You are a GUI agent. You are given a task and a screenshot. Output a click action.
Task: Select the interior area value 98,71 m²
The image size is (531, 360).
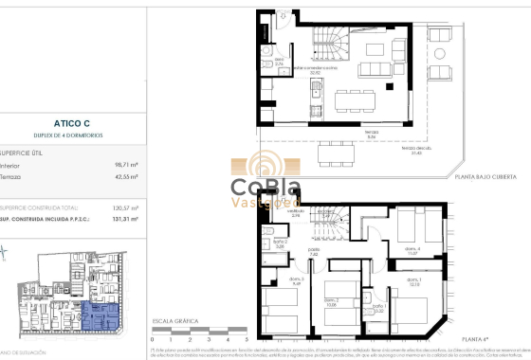125,164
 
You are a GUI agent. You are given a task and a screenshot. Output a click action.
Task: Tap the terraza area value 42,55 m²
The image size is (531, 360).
125,176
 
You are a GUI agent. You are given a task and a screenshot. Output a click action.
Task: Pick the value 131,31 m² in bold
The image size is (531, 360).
124,218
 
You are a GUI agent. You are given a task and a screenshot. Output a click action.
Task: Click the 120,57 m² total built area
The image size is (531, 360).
125,207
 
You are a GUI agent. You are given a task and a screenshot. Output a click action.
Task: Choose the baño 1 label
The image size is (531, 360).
377,307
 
